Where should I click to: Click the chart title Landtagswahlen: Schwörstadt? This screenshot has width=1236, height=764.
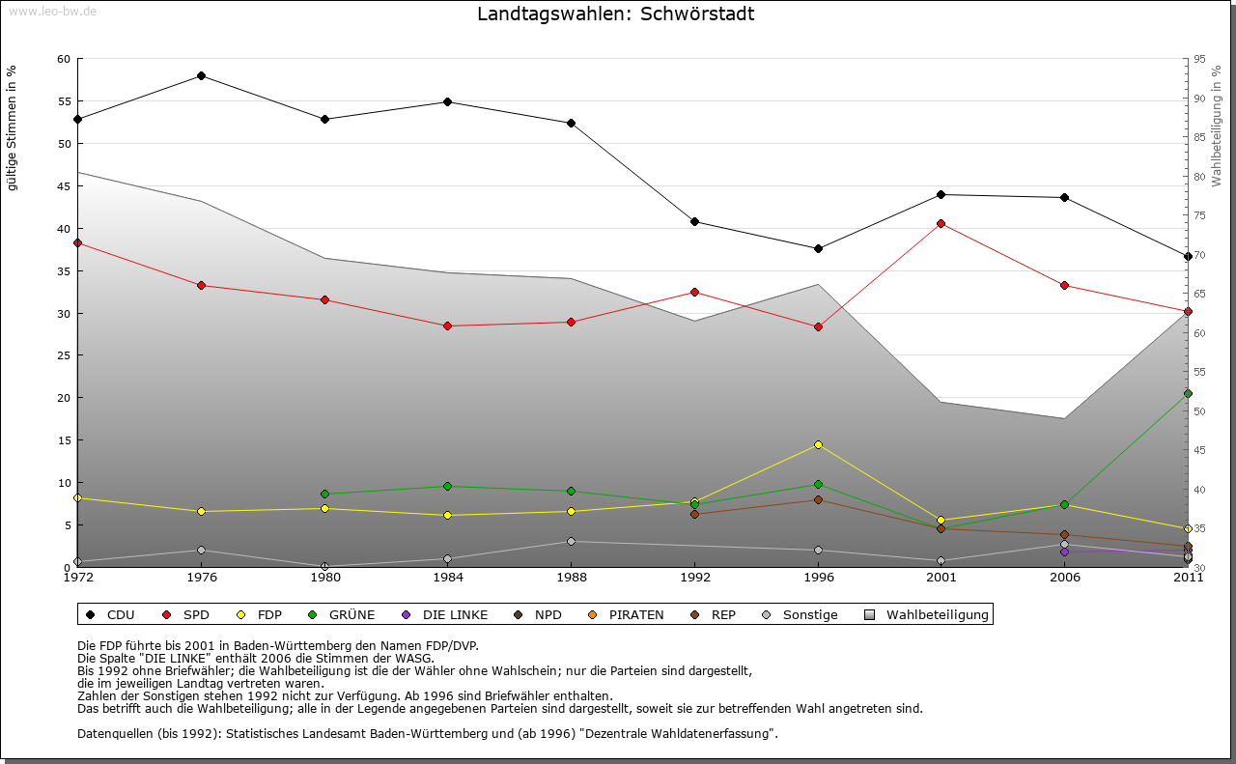616,14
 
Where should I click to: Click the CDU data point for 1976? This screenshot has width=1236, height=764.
201,75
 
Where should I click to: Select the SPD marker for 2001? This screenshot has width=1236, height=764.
941,223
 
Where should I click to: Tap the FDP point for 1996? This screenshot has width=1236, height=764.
818,444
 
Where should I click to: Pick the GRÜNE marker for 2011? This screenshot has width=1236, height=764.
1188,393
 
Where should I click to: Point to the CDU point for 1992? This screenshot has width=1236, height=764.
694,221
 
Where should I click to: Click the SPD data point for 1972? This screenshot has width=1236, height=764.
77,242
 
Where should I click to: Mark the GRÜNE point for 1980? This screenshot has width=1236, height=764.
324,494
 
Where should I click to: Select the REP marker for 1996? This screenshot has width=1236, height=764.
818,499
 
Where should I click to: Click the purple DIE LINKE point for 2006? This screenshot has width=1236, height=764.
1064,552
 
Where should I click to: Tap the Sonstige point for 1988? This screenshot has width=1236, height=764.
571,541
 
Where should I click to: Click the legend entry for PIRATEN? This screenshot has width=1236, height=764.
628,614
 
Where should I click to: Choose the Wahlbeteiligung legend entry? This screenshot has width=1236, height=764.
927,614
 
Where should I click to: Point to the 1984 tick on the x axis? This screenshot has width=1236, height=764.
447,578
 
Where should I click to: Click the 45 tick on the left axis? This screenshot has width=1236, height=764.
65,186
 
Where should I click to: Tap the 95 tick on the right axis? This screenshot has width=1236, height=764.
1199,59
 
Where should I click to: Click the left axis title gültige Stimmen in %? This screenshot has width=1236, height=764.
13,127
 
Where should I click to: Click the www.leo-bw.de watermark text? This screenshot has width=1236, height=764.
52,12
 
